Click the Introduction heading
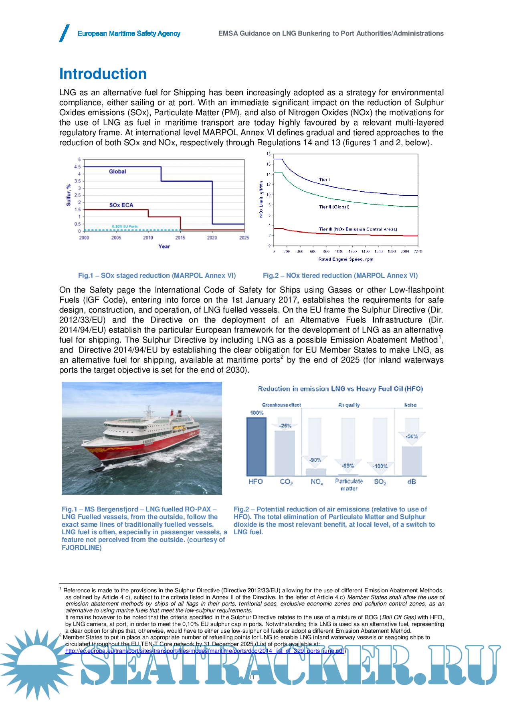pos(103,74)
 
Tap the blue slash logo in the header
pos(65,33)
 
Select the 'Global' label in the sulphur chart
pos(117,172)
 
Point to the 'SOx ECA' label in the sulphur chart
pos(121,205)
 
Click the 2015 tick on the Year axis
pos(180,238)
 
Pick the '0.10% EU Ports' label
pos(125,227)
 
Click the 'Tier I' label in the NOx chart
pos(324,180)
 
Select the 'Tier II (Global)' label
pos(334,207)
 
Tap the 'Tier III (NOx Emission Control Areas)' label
pos(358,229)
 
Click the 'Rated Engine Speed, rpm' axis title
pos(345,259)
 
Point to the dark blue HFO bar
pos(256,446)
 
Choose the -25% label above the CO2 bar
pos(285,425)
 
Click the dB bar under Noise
pos(412,461)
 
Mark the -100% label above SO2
pos(380,466)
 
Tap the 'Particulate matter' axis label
pos(349,485)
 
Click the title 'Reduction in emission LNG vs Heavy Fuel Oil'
pos(340,389)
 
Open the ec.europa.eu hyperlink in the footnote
pos(204,651)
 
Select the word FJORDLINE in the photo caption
pos(81,548)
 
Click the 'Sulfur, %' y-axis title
pos(69,195)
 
